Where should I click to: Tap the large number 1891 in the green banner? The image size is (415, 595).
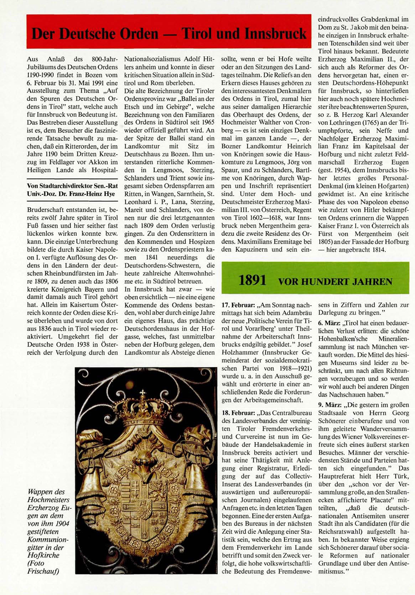tap(252, 281)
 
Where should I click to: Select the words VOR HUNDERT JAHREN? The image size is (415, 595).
tap(335, 282)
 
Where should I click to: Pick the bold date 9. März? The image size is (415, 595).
tap(329, 405)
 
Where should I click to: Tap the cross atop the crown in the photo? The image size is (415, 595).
tap(143, 394)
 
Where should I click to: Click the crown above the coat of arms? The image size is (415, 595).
tap(143, 414)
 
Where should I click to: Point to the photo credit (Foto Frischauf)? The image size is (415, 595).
tap(42, 567)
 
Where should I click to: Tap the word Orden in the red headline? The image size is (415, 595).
tap(139, 34)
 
